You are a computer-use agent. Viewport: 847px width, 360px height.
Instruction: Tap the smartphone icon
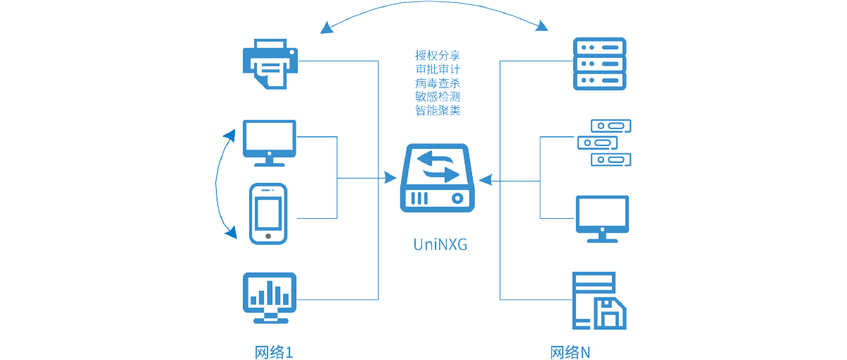pos(268,213)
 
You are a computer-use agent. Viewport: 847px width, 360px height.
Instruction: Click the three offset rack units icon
pos(603,143)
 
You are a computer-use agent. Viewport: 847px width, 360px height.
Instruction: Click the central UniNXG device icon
pos(438,178)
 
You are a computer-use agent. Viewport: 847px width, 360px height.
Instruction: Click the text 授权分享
pos(438,55)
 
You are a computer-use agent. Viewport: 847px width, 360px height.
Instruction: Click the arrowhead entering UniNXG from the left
pos(390,178)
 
